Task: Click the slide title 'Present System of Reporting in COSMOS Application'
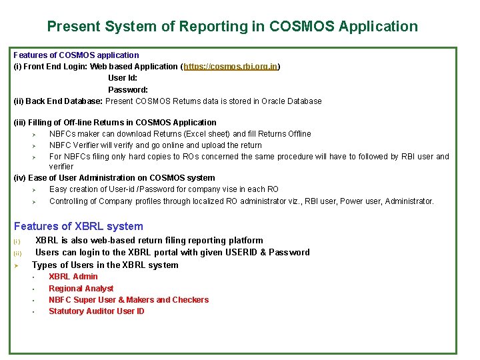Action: coord(233,27)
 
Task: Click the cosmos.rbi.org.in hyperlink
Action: coord(231,67)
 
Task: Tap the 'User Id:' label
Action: coord(123,78)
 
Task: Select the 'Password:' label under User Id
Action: coord(128,89)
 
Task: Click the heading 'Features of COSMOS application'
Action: coord(77,55)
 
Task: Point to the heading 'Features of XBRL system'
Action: coord(79,226)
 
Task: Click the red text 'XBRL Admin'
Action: coord(73,277)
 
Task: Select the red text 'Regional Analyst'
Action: coord(81,289)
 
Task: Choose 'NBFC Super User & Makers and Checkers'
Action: coord(129,300)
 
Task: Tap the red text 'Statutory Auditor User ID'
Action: coord(97,311)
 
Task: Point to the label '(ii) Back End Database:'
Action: coord(59,101)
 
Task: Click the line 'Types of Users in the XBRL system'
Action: coord(105,265)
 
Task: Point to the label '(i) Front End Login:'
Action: coord(51,67)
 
